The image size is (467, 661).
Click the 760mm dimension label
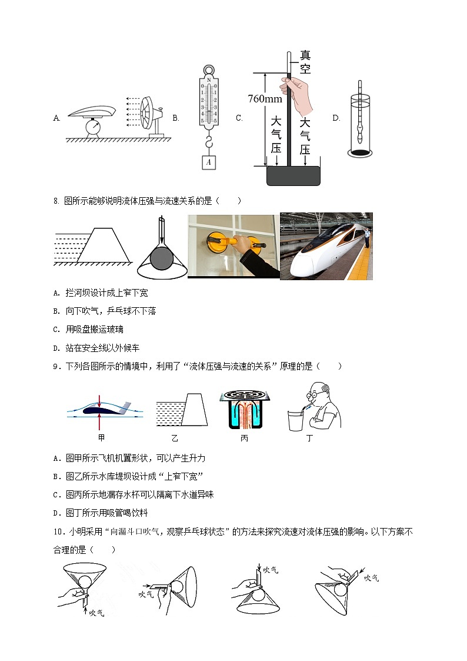[265, 99]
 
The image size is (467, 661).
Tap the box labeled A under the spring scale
[209, 162]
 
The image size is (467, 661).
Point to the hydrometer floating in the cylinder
[359, 117]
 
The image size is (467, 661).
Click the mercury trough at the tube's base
[293, 176]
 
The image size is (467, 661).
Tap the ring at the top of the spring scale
[209, 71]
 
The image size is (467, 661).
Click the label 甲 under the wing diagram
[102, 439]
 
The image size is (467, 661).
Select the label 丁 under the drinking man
[309, 439]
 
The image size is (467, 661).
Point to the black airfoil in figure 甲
[100, 410]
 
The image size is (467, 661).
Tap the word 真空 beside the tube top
[305, 62]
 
